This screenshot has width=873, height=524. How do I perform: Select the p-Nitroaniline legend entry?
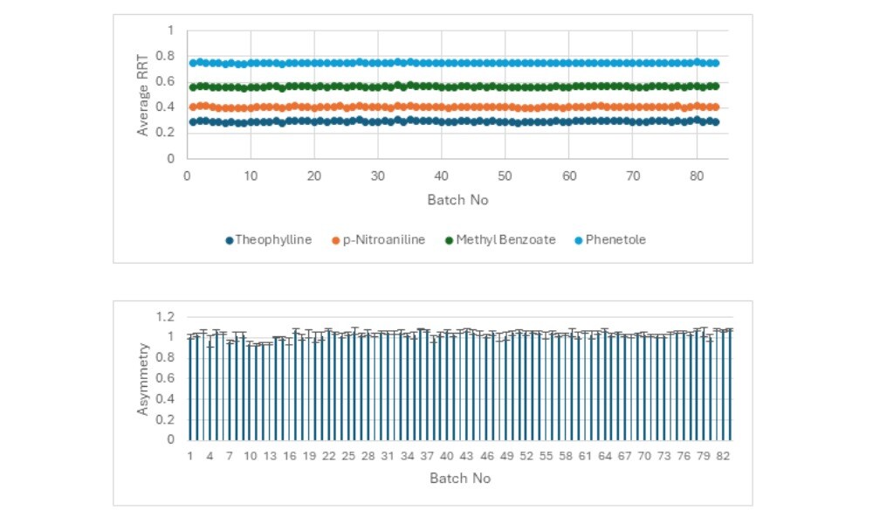click(380, 239)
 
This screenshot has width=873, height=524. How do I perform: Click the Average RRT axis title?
click(143, 94)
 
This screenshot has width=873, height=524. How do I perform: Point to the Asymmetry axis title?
click(143, 378)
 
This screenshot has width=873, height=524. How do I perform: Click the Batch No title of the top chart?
click(457, 200)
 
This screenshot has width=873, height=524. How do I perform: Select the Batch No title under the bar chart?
click(460, 479)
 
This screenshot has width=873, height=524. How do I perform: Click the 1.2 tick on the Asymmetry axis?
click(165, 316)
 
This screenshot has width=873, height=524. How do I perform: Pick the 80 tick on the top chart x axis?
click(696, 175)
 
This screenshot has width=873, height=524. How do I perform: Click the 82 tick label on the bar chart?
click(723, 456)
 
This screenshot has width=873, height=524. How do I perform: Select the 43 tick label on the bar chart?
click(466, 456)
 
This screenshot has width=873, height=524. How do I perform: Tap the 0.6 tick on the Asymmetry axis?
click(165, 378)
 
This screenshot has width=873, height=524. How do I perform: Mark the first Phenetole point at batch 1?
click(193, 63)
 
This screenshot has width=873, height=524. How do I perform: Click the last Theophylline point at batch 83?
click(715, 122)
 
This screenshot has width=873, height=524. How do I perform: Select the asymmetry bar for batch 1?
click(189, 389)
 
